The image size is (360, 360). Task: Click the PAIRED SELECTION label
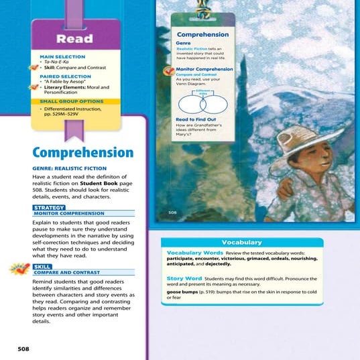click(x=62, y=77)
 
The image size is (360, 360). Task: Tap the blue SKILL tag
click(x=42, y=267)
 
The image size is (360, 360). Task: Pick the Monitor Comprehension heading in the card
click(x=204, y=69)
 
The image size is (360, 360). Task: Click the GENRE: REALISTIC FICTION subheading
click(x=69, y=168)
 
